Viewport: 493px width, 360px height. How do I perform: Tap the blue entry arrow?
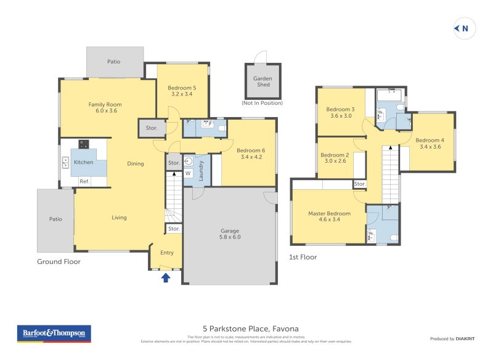(165, 277)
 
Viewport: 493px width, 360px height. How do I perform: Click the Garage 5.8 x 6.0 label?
(230, 234)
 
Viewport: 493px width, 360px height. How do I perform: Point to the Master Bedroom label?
(329, 216)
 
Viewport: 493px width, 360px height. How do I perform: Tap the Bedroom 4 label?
(430, 143)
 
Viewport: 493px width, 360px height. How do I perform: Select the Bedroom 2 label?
(335, 158)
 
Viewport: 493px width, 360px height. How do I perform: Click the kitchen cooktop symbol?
(83, 145)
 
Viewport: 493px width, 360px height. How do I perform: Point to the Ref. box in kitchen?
(84, 181)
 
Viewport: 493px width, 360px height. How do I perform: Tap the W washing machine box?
(189, 174)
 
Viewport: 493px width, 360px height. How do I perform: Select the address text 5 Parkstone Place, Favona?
(250, 329)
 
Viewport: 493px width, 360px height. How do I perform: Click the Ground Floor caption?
(59, 261)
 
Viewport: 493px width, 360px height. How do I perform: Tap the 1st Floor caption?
(303, 257)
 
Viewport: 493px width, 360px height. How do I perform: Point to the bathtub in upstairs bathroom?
(388, 96)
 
